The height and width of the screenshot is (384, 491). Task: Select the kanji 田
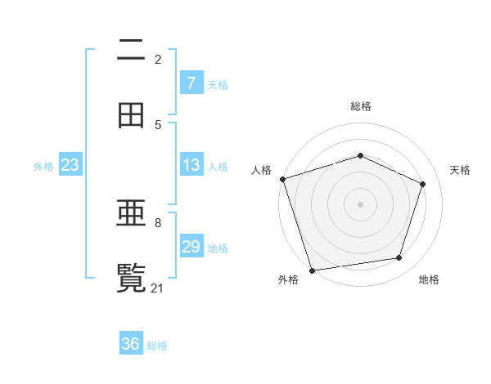[x=131, y=115]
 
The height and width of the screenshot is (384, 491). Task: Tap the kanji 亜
[x=131, y=213]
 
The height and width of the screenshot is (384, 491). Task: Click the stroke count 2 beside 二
[x=158, y=60]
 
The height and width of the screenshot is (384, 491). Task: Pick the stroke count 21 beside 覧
[x=159, y=288]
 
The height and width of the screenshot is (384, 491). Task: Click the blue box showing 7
[x=191, y=83]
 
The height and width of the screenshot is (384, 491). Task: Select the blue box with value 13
[x=191, y=165]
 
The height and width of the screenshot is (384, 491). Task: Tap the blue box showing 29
[x=191, y=247]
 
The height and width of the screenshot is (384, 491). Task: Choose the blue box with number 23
[x=70, y=165]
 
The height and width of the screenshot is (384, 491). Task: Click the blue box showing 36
[x=131, y=344]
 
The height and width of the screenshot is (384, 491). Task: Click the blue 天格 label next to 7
[x=218, y=84]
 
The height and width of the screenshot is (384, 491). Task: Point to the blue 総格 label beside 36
[x=157, y=345]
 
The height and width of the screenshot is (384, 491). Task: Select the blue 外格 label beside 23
[x=43, y=166]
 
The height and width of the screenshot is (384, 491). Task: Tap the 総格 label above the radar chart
[x=361, y=106]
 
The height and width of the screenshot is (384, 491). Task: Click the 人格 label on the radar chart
[x=261, y=170]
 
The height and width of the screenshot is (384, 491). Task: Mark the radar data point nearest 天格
[x=423, y=184]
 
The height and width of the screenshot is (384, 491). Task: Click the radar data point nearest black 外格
[x=312, y=270]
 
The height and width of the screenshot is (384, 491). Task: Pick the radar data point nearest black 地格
[x=399, y=258]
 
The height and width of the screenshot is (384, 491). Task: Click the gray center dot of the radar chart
[x=361, y=203]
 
